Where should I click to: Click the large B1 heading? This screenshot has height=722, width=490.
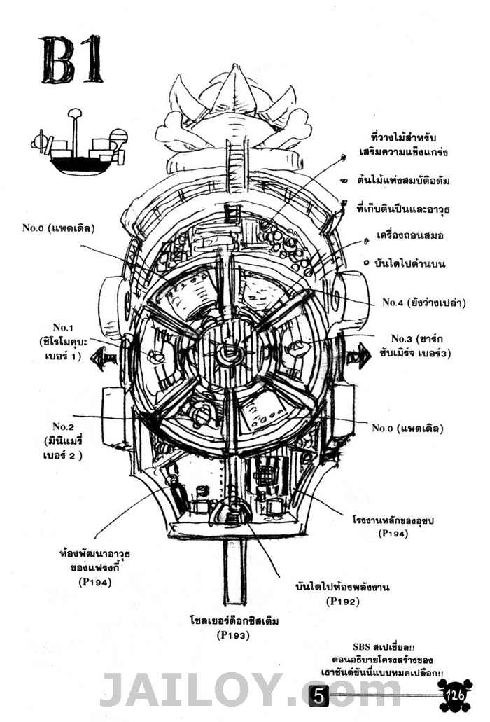73,60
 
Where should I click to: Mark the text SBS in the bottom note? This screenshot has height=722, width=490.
366,648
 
